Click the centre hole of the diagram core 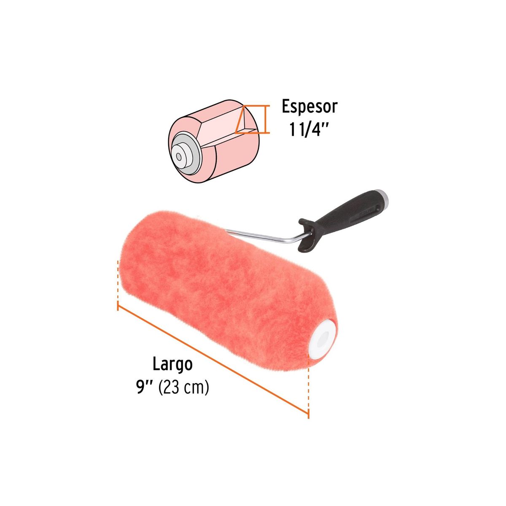[x=178, y=156]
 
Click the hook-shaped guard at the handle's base [x=306, y=238]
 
